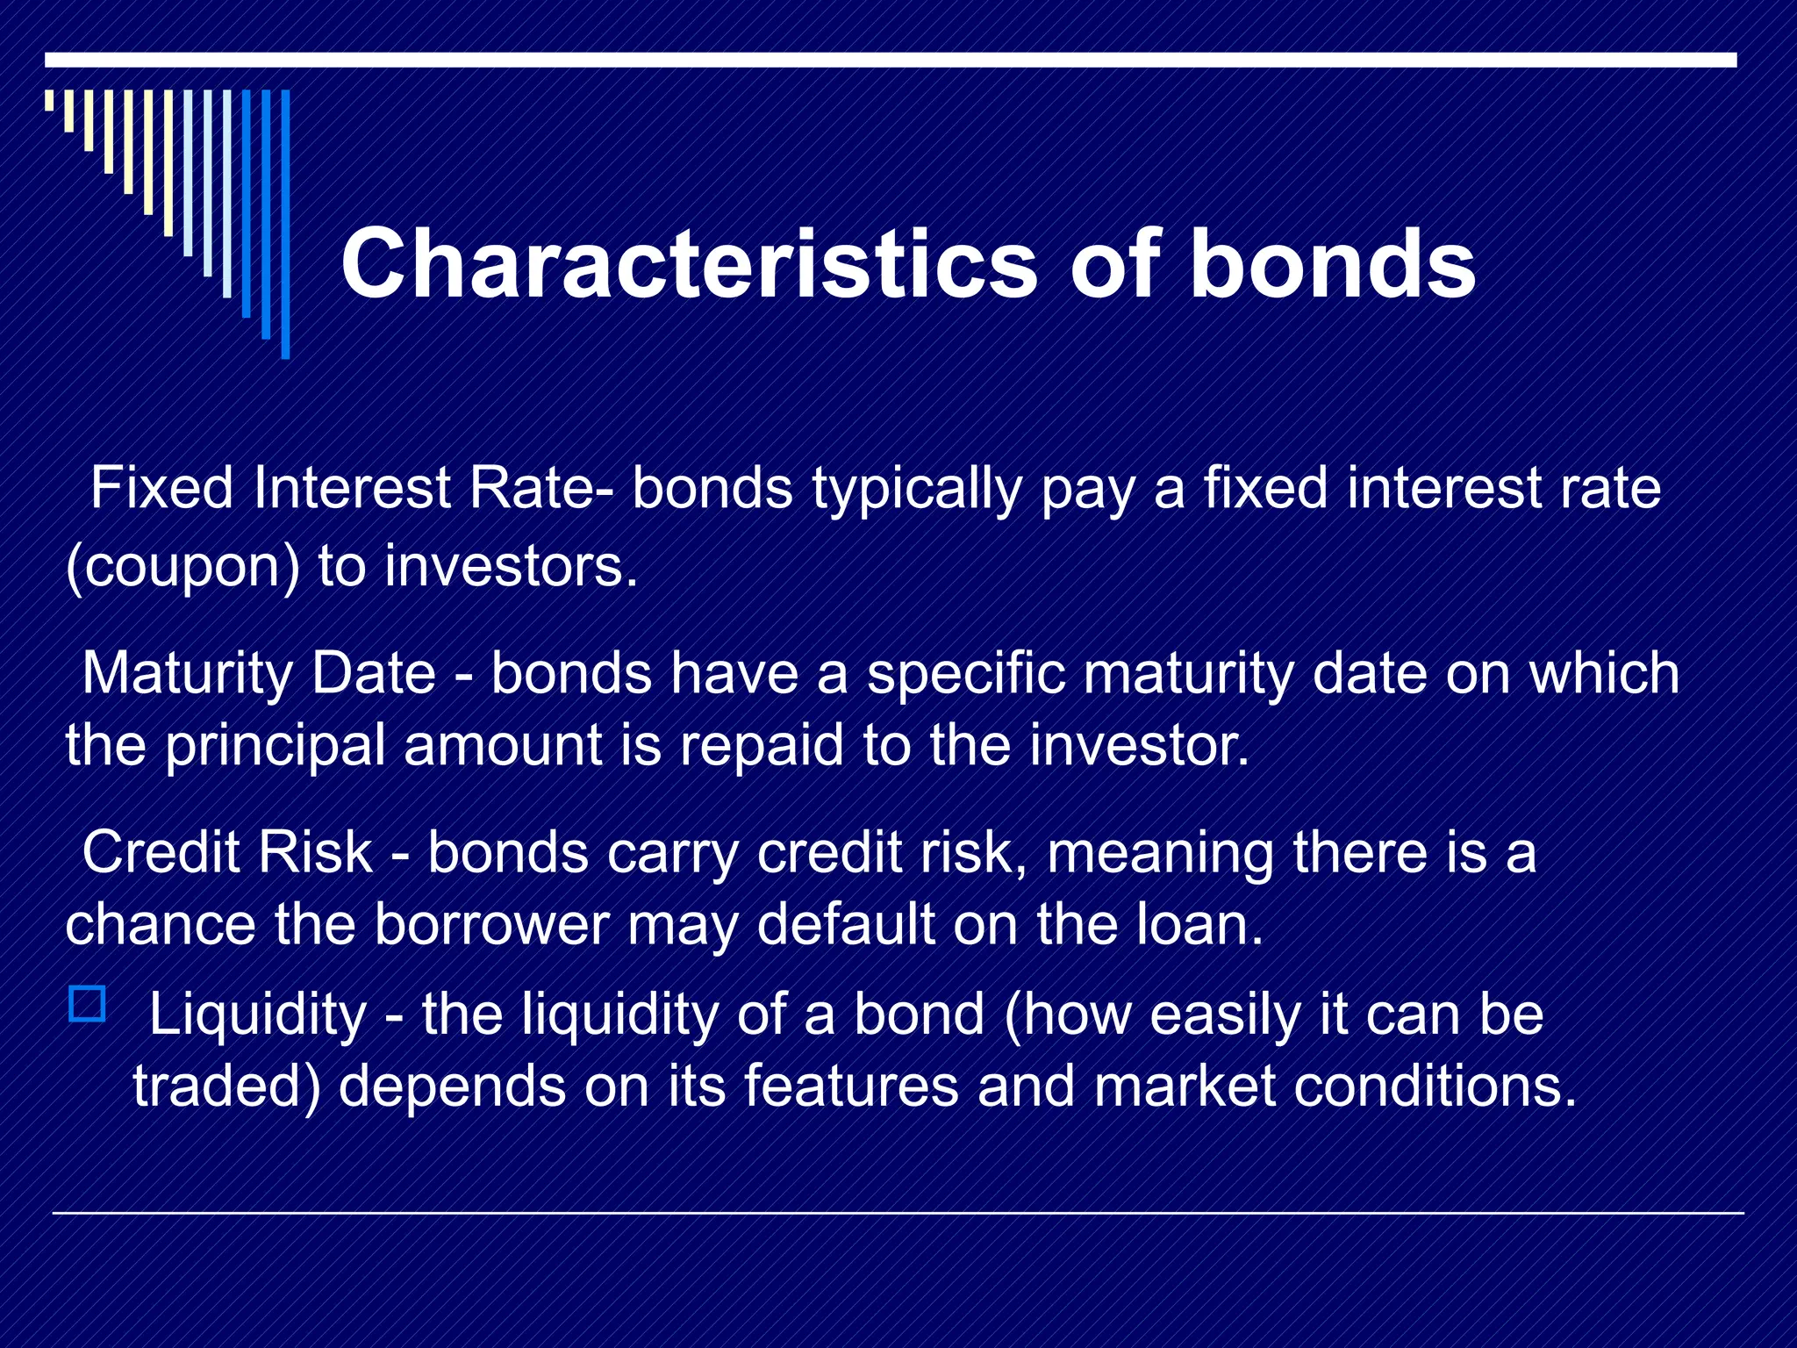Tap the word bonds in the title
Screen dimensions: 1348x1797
(1332, 263)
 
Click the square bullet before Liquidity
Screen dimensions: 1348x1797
(87, 1003)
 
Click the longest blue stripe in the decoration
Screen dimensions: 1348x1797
(285, 224)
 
